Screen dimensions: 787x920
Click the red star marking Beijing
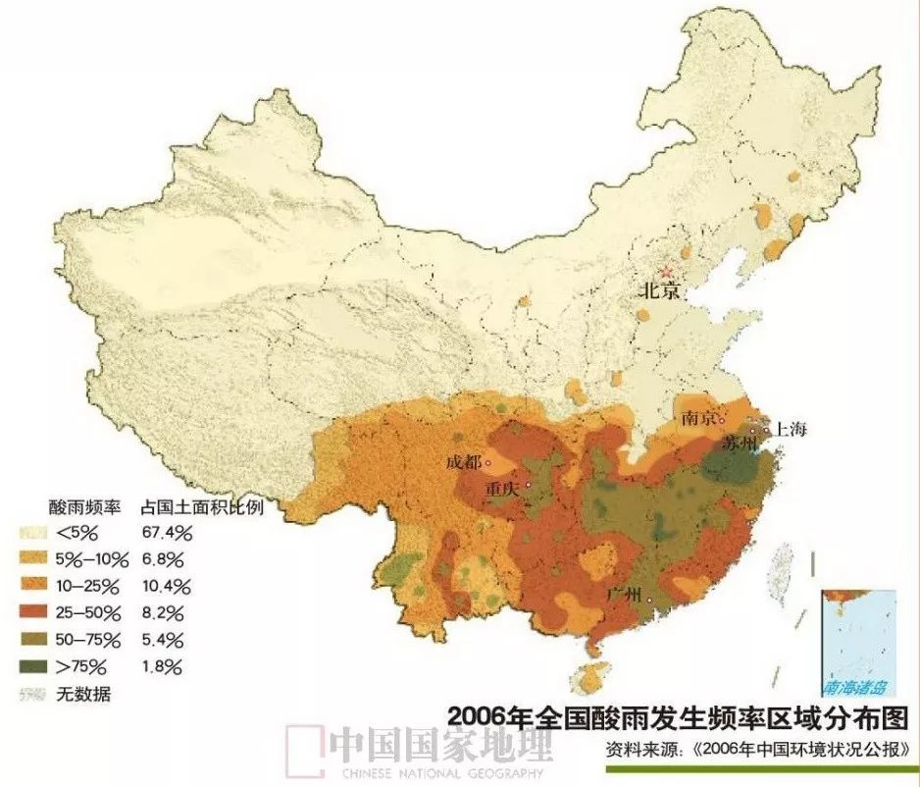(666, 270)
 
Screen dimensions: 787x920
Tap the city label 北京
(660, 291)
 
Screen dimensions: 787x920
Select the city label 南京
(697, 419)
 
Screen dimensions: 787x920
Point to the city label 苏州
(739, 443)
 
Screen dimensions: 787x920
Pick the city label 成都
(464, 462)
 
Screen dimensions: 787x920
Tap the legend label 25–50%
(89, 613)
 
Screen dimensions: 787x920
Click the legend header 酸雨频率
(84, 506)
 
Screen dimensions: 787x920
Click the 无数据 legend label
(83, 695)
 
